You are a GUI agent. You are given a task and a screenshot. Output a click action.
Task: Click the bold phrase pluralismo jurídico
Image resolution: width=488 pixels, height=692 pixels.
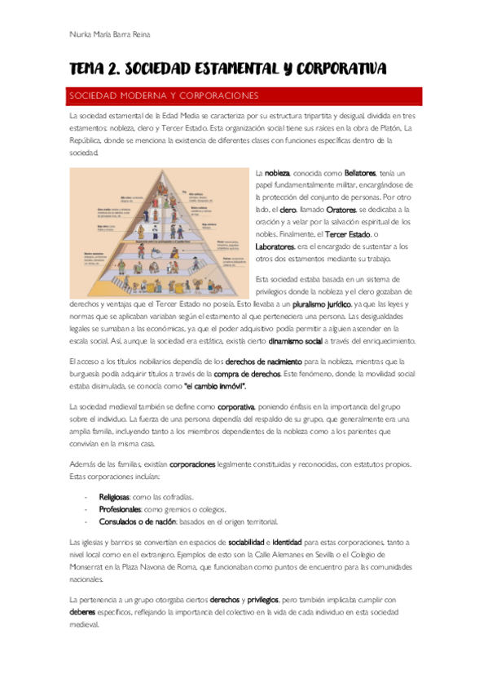(319, 304)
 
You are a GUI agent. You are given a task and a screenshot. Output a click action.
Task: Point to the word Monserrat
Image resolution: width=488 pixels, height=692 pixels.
(92, 567)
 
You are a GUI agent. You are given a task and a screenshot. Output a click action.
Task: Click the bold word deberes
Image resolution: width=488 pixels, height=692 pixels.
(86, 612)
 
